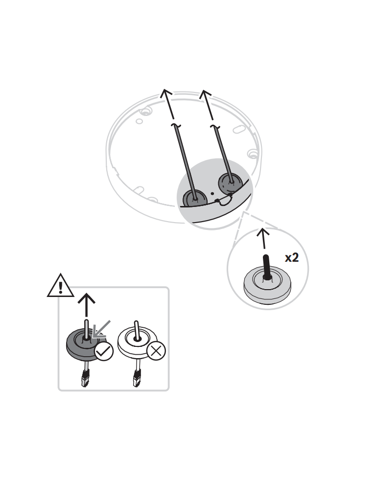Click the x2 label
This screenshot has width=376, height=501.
(x=292, y=258)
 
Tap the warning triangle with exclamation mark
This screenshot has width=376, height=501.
(x=60, y=286)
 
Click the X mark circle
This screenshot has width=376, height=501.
(x=156, y=351)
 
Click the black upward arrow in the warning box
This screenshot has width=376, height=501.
(x=87, y=306)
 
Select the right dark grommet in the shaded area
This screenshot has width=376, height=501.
(x=231, y=183)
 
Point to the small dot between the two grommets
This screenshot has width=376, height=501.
(x=212, y=193)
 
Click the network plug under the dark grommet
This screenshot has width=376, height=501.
(x=85, y=378)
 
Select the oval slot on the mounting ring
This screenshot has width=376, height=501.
(x=239, y=129)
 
